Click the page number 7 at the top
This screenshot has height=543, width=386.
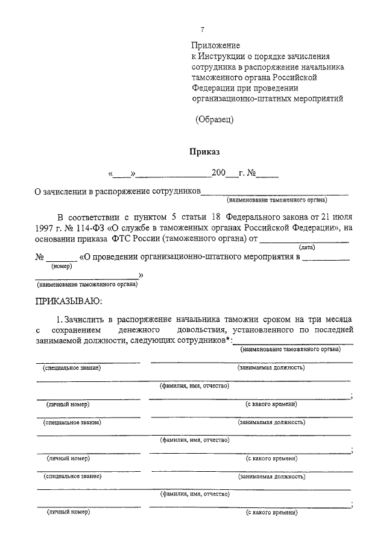(x=203, y=30)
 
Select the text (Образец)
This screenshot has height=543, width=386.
(x=214, y=119)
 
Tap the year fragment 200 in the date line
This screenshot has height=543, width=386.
(x=218, y=174)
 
